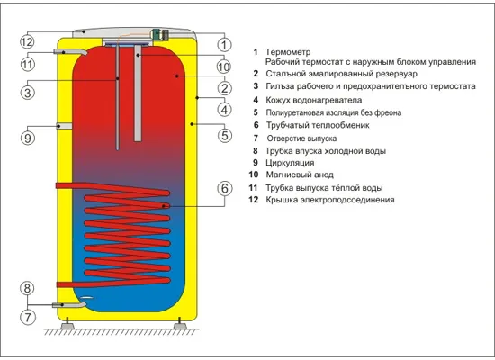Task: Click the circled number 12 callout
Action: click(27, 42)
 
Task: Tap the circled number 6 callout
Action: click(224, 188)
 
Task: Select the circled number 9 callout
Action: click(28, 138)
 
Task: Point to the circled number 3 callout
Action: click(28, 93)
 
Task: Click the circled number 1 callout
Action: click(224, 45)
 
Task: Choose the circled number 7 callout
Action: click(28, 317)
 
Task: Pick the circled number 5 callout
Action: click(224, 136)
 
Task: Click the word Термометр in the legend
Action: click(288, 52)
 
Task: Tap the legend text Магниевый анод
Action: click(300, 175)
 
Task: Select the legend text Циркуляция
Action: click(290, 163)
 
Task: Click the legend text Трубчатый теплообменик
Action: click(318, 125)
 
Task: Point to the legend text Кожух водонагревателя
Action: click(314, 101)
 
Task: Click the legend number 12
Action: click(254, 200)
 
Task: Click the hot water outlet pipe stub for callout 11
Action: click(70, 52)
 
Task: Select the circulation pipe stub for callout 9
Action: click(65, 126)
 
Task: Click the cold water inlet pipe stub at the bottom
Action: click(68, 305)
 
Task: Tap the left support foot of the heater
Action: click(67, 324)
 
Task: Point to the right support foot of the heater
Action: click(180, 324)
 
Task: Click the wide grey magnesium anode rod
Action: click(138, 94)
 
